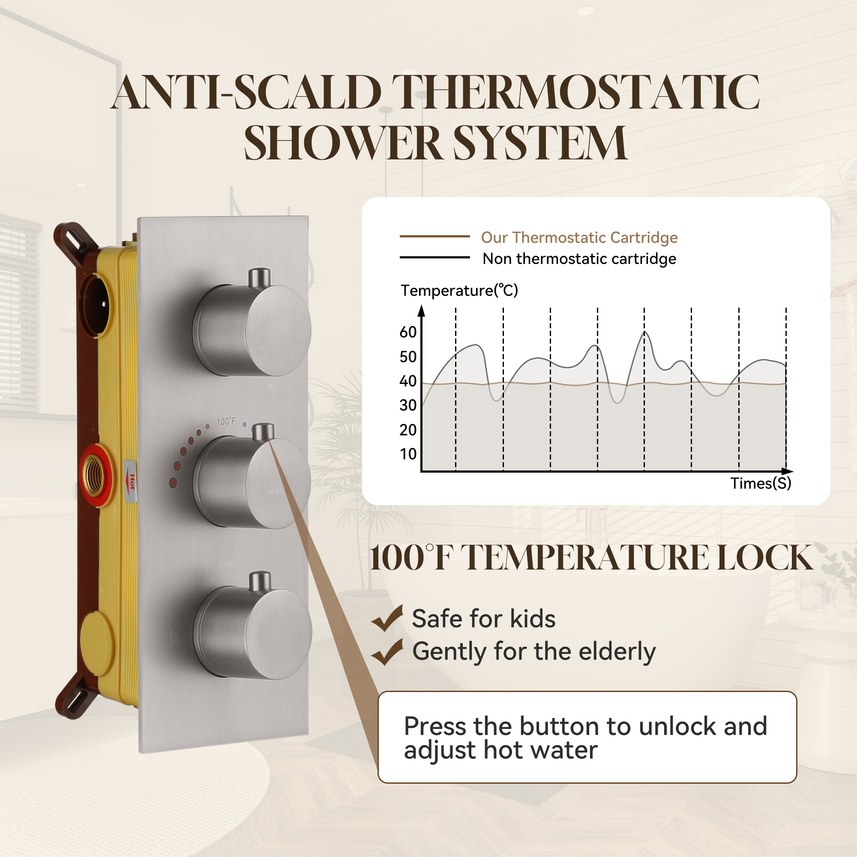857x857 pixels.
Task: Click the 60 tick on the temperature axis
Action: pos(408,332)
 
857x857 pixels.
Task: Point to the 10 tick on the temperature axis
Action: pos(408,454)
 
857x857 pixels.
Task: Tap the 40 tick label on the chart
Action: pos(408,381)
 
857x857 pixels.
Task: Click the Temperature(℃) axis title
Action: pos(459,291)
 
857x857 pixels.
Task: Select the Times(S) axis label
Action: pos(760,483)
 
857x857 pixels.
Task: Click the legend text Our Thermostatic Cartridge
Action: pos(579,238)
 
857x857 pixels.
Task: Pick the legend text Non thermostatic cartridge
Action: pos(579,259)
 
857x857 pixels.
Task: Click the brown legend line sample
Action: pos(434,237)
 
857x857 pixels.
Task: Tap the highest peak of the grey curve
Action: pos(644,332)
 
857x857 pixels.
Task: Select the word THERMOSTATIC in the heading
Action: pos(575,92)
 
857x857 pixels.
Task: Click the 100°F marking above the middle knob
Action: pos(226,421)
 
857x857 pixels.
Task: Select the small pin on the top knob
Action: pos(259,277)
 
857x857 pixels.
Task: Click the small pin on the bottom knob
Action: pos(260,581)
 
